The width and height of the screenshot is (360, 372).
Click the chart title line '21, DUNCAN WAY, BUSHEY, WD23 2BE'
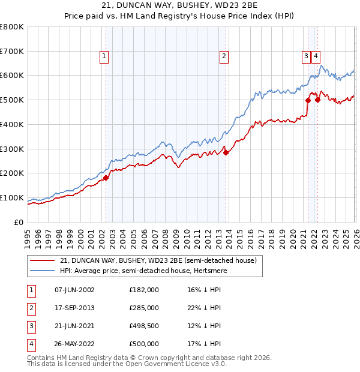tap(180, 6)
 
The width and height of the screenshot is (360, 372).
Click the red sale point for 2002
tap(106, 178)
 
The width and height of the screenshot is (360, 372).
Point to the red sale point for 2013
tap(226, 152)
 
